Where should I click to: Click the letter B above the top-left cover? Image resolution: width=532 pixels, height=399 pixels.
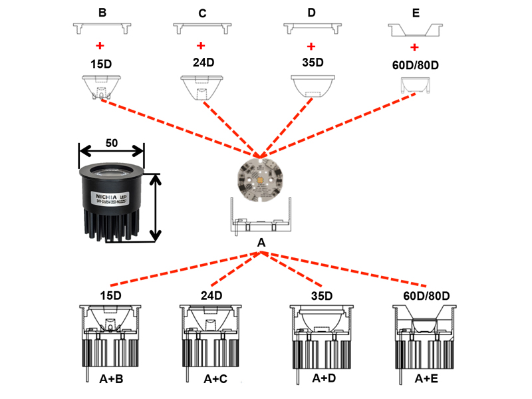tap(102, 12)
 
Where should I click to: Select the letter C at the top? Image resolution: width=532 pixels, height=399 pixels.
tap(202, 13)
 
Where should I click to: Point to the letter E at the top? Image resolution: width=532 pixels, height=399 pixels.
tap(416, 13)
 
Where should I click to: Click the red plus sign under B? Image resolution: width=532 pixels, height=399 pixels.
tap(100, 46)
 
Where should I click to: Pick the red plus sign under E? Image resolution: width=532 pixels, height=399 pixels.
tap(415, 47)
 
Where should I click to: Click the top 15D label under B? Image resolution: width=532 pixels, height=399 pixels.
tap(101, 65)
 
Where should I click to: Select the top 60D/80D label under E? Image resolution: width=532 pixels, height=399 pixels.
tap(417, 66)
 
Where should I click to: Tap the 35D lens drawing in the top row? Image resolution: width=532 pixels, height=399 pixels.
tap(311, 87)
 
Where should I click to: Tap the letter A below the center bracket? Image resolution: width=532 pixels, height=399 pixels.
tap(261, 244)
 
